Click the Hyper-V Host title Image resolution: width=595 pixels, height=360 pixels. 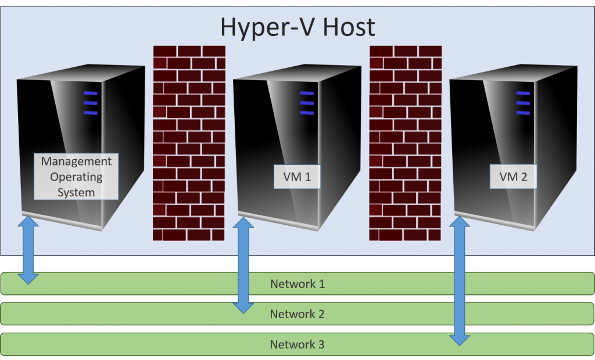297,27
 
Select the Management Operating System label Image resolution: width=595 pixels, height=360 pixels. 76,177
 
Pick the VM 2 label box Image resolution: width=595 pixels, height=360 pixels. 513,177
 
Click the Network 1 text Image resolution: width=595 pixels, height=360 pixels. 297,285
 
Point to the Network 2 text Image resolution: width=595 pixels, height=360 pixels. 297,314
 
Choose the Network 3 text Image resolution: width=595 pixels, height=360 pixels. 297,344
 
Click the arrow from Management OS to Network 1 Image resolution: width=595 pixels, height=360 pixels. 28,250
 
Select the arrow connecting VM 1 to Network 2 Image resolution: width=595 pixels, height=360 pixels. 243,265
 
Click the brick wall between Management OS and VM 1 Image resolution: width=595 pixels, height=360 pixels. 188,143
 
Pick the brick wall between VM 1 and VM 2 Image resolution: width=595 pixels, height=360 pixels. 405,143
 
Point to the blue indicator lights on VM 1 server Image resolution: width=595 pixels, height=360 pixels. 307,103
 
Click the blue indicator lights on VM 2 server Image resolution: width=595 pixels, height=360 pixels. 524,103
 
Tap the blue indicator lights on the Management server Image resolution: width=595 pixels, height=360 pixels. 90,103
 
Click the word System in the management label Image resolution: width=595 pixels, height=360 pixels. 76,192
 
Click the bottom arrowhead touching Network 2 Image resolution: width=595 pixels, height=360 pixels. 243,307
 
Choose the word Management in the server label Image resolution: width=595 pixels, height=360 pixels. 76,161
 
